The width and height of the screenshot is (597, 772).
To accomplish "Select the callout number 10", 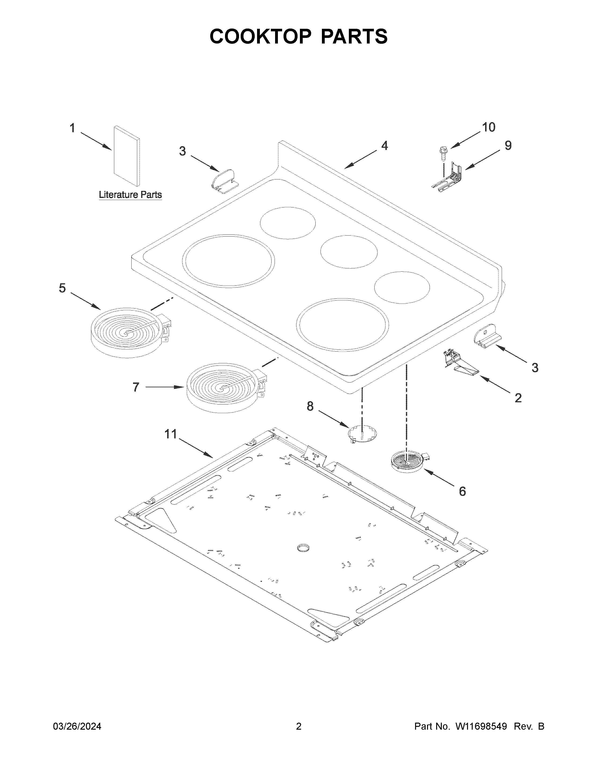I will tap(489, 127).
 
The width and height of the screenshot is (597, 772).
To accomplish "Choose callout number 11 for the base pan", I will tap(171, 434).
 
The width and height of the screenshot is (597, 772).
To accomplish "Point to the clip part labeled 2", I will tap(458, 364).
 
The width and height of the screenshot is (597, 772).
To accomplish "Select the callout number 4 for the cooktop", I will tap(384, 146).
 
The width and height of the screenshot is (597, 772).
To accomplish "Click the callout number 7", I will tap(136, 387).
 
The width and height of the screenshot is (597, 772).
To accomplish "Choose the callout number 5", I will tap(62, 288).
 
